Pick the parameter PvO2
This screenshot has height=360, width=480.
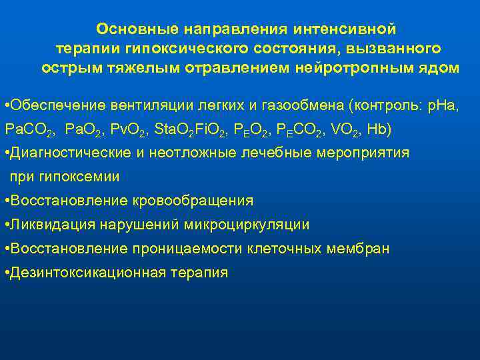[x=127, y=129]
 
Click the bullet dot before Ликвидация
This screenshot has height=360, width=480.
[x=6, y=225]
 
